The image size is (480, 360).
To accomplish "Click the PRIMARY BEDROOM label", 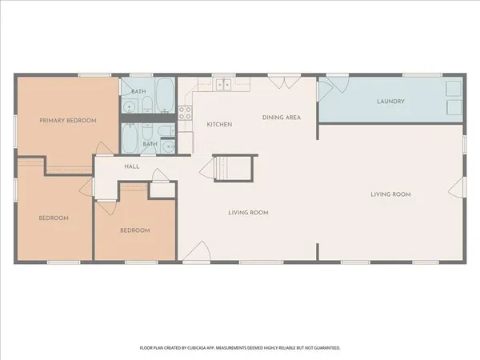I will coord(68,121).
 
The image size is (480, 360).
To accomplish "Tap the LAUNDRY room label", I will coord(390,102).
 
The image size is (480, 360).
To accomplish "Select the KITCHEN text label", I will coord(219,125).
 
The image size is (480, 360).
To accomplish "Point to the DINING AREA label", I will coord(282,118).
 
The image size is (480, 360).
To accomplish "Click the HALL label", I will coord(132,166).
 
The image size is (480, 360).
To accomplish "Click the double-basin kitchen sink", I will coord(222,85).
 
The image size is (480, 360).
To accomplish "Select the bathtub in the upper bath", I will coord(165,95).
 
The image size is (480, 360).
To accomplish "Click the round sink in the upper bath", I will coord(130,106).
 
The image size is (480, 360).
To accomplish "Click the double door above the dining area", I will coord(280,81).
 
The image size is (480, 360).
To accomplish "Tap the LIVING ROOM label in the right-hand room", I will coord(390,194).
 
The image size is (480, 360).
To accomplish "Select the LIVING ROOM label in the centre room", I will coord(247,213).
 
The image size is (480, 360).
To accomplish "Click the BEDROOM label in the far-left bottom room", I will coord(54,218).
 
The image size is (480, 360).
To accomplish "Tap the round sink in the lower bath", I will coord(168,146).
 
